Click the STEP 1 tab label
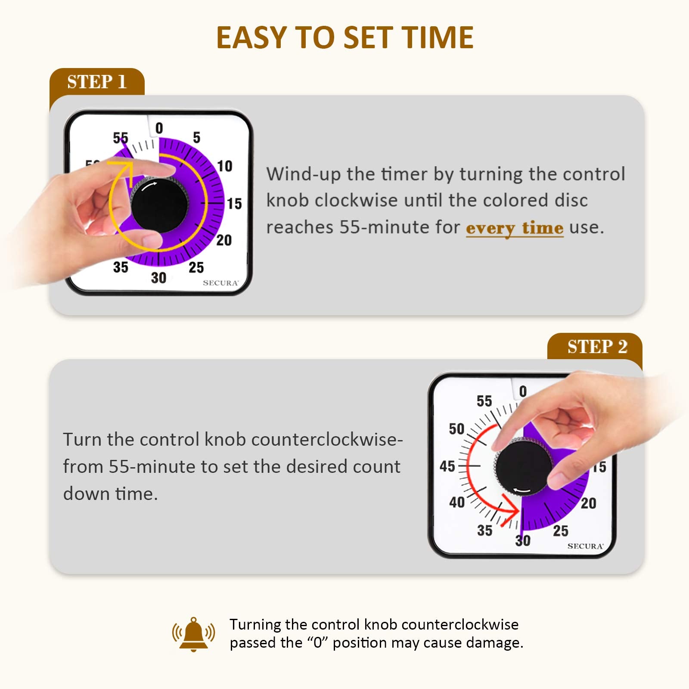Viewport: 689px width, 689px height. click(x=96, y=81)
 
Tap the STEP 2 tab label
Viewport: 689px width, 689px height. click(x=597, y=347)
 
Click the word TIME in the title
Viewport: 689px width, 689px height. click(x=439, y=37)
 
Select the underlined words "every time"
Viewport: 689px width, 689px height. click(x=514, y=228)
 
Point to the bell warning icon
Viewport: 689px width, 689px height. click(x=193, y=634)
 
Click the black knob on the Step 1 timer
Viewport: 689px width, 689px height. click(x=159, y=205)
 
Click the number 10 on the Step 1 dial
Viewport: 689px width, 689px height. click(x=224, y=166)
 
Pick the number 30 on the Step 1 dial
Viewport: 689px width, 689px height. click(x=158, y=278)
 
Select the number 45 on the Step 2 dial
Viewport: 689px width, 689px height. click(x=447, y=466)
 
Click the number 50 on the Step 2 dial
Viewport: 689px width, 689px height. click(x=456, y=429)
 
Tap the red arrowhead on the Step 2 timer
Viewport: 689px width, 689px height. click(x=511, y=509)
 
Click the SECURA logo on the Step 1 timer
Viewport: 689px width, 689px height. click(x=220, y=283)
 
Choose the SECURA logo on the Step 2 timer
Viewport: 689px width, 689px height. click(x=585, y=546)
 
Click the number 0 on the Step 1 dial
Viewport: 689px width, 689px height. click(x=159, y=128)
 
